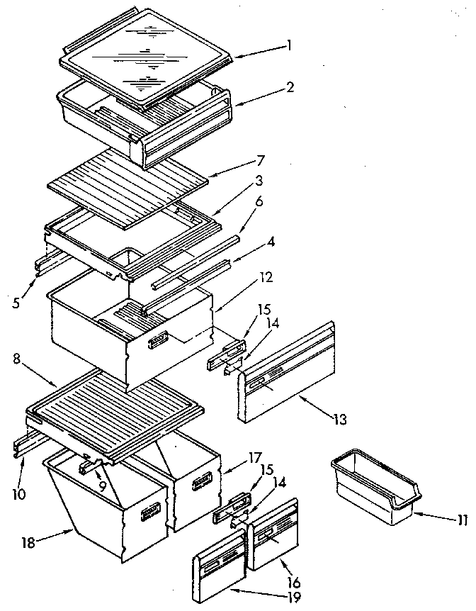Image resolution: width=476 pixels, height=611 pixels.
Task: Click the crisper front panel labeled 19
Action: [x=218, y=566]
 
